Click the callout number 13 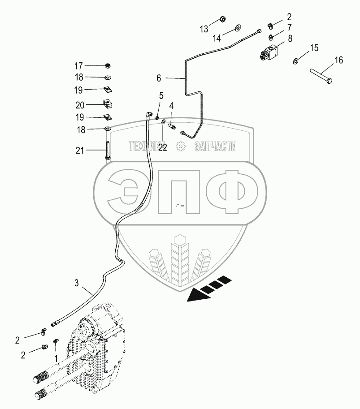204,29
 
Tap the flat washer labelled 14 238,27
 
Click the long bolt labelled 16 321,76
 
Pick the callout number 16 338,60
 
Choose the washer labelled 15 296,61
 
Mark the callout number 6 159,78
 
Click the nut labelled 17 107,66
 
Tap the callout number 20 80,105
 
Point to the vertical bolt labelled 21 107,150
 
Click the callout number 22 162,147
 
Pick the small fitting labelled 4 172,127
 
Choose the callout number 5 161,96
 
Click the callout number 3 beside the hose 77,283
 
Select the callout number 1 56,358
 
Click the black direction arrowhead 199,295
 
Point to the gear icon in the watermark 180,146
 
